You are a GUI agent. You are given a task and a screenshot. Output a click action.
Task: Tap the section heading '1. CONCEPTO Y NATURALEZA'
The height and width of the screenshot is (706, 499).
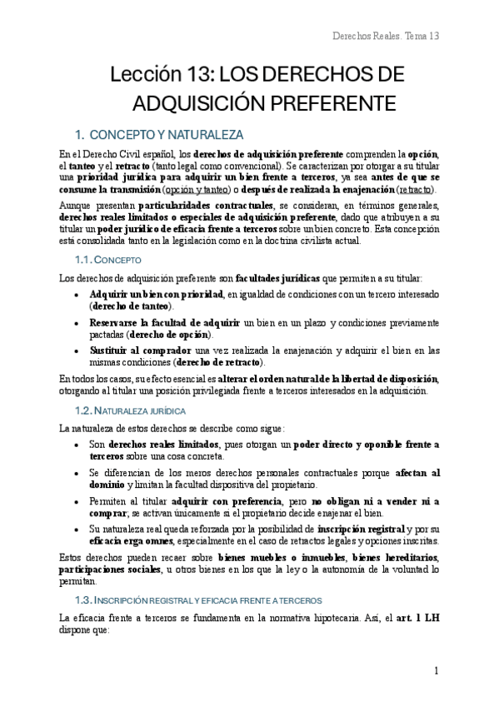[158, 133]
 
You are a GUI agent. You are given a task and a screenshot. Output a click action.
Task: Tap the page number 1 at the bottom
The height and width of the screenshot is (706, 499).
[436, 671]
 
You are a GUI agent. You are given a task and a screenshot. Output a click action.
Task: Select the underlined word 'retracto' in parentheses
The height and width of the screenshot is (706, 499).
[418, 189]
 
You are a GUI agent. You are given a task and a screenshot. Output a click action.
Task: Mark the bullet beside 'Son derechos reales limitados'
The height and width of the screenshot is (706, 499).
[77, 445]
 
